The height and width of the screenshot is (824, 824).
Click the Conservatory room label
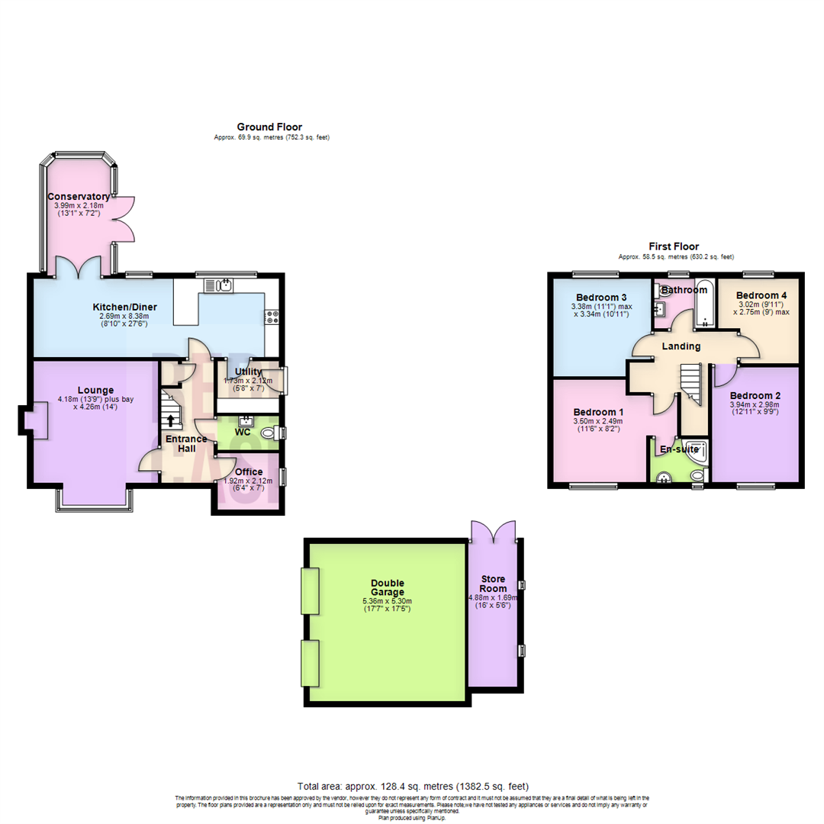[x=76, y=196]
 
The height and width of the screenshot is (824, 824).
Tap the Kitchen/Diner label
[x=125, y=307]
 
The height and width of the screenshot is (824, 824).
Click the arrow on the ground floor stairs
[x=169, y=419]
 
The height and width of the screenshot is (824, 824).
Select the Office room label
[x=249, y=472]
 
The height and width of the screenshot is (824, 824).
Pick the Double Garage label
[x=388, y=587]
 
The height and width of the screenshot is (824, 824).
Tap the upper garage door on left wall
[x=310, y=591]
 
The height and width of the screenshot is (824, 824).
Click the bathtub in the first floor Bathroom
[x=703, y=304]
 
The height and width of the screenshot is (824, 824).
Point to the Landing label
[x=681, y=346]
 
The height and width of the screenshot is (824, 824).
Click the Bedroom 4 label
[x=761, y=295]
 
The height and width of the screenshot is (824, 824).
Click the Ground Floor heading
[x=269, y=127]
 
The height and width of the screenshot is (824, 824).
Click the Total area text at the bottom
[x=412, y=786]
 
